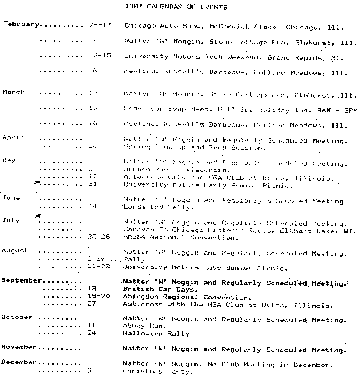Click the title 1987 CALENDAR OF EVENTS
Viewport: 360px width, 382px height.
176,7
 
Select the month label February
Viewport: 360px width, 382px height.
21,24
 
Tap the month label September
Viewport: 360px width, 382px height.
22,281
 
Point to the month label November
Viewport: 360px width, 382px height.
19,347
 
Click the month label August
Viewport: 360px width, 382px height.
15,251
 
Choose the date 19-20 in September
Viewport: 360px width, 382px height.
99,297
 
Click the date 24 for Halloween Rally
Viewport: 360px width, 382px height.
92,333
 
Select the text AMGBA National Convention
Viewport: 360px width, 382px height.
180,237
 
